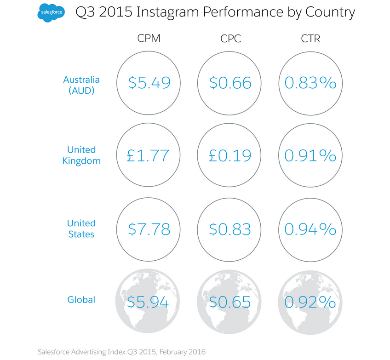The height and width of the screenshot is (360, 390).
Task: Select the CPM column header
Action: pyautogui.click(x=149, y=39)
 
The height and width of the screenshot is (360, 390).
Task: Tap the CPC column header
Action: pyautogui.click(x=230, y=39)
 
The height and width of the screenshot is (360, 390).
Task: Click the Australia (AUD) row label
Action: pyautogui.click(x=81, y=85)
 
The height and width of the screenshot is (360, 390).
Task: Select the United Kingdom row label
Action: pyautogui.click(x=81, y=155)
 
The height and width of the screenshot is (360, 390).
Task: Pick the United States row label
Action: pyautogui.click(x=81, y=229)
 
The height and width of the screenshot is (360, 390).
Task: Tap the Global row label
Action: pyautogui.click(x=81, y=300)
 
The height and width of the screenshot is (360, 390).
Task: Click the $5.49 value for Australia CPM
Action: pyautogui.click(x=149, y=83)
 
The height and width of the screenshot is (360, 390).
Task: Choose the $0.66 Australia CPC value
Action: pyautogui.click(x=230, y=83)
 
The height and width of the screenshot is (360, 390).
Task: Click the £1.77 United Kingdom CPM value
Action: pyautogui.click(x=149, y=155)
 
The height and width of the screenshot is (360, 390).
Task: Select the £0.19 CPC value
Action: pyautogui.click(x=230, y=155)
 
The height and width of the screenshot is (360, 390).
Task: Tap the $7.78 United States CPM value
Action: pyautogui.click(x=149, y=229)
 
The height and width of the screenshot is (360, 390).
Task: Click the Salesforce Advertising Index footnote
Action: pyautogui.click(x=122, y=351)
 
